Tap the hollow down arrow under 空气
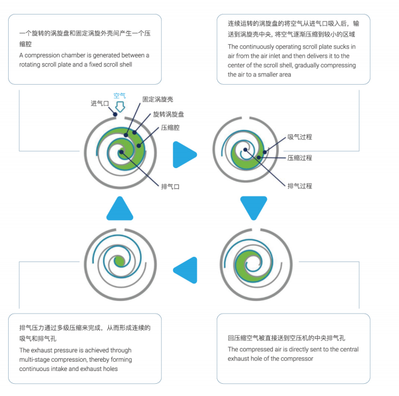[x=120, y=107]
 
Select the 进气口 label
[x=100, y=104]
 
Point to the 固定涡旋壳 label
[x=156, y=100]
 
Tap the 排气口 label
[x=171, y=187]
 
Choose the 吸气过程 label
[x=299, y=137]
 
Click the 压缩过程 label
[x=299, y=158]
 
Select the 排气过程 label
[x=299, y=186]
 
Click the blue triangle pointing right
[x=185, y=154]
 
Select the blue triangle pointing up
[x=120, y=208]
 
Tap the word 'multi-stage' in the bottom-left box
[x=35, y=359]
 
